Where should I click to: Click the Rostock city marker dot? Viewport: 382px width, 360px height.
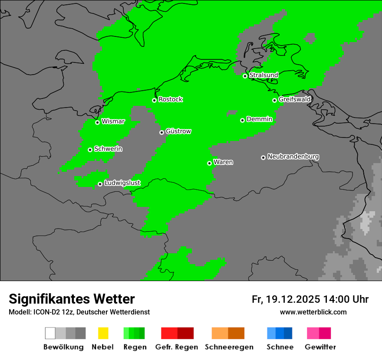point(154,100)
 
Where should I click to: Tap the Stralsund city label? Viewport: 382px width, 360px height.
point(263,75)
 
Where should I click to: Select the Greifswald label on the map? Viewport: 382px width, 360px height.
point(294,99)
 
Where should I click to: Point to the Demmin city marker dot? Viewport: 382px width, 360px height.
point(242,120)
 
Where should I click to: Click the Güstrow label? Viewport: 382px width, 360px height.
point(178,131)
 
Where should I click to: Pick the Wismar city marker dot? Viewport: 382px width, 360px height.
point(97,122)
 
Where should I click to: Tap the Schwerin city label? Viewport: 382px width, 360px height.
point(108,149)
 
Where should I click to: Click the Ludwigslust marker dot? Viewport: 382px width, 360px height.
point(100,184)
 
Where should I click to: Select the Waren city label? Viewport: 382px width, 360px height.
point(223,162)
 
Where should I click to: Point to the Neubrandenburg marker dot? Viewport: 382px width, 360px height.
point(263,157)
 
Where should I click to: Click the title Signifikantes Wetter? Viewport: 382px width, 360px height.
point(72,299)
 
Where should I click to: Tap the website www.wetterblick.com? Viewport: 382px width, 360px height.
point(313,312)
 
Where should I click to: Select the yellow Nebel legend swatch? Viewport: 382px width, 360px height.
point(103,333)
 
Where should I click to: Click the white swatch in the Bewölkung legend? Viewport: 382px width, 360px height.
point(50,333)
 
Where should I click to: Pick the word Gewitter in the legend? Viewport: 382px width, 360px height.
point(320,347)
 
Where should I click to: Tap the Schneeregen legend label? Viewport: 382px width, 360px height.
point(228,347)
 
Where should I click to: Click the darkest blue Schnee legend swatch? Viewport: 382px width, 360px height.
point(288,333)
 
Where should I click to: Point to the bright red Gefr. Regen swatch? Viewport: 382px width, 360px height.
point(169,333)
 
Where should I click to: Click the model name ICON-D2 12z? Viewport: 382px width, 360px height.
point(52,312)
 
